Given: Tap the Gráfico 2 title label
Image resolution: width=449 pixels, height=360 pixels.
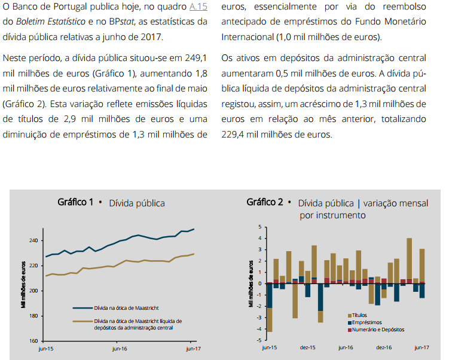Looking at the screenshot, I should click(264, 202).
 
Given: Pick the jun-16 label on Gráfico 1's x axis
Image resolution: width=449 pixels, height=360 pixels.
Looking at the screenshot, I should click(120, 349).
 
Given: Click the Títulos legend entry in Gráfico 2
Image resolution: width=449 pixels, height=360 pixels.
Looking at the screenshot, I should click(360, 315).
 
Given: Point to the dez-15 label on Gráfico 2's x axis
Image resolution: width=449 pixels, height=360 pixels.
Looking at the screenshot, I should click(307, 347).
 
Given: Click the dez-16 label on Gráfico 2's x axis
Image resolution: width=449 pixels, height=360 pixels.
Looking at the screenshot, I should click(384, 347).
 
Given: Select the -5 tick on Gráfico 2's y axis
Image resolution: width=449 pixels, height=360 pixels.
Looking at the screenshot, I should click(259, 340).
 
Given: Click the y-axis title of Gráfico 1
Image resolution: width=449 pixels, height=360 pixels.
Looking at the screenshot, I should click(23, 284).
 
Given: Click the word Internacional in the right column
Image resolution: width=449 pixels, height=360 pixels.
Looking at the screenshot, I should click(246, 37).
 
